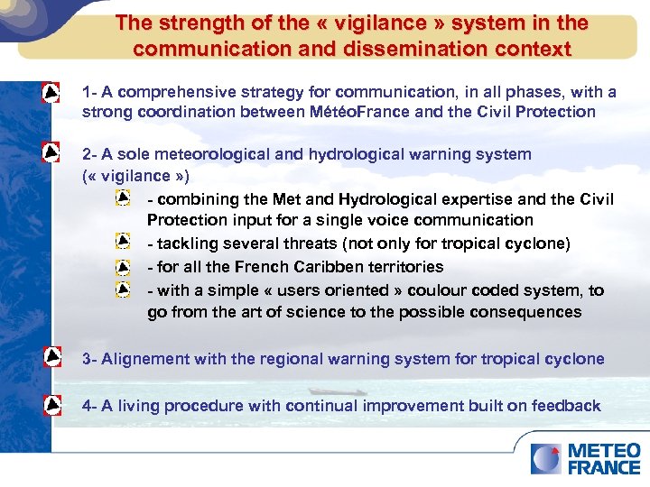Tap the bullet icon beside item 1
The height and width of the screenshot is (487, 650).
click(x=52, y=93)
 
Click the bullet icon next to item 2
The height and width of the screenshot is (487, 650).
click(x=52, y=154)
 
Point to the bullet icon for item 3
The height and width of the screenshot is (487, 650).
click(x=52, y=358)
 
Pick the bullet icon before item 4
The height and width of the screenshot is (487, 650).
click(x=52, y=405)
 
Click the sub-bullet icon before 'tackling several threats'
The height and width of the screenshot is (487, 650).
click(x=123, y=243)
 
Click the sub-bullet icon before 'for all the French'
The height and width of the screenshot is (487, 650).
click(x=123, y=267)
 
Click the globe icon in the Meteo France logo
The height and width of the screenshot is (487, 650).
click(x=545, y=459)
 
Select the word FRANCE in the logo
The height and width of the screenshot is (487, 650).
click(x=604, y=467)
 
